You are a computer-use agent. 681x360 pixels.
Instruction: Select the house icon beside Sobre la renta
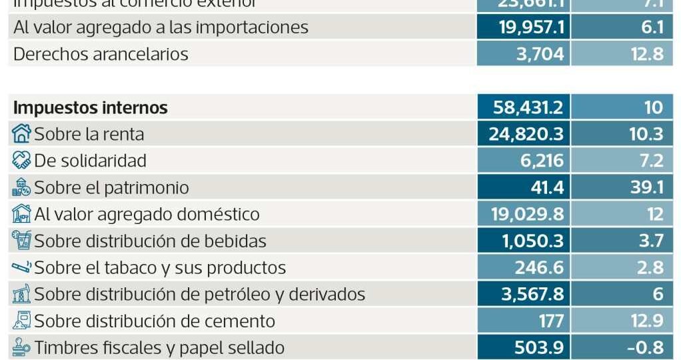pos(22,134)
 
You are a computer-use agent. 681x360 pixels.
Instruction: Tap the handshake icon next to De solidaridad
pos(22,161)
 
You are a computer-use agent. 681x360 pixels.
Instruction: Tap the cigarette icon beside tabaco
pos(22,267)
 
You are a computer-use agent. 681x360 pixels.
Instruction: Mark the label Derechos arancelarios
pos(101,54)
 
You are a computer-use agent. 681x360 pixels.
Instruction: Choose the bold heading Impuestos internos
pos(91,107)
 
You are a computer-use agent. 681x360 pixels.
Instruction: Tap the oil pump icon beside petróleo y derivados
pos(22,294)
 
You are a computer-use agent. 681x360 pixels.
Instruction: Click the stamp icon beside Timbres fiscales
pos(22,347)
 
